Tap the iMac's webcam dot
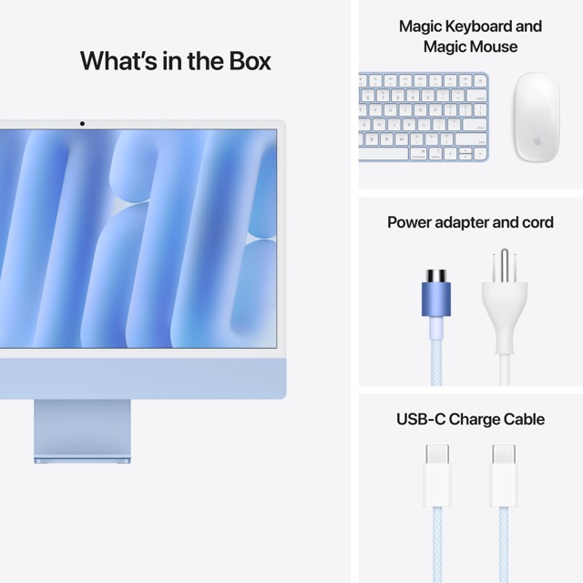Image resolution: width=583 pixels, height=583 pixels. pos(82,123)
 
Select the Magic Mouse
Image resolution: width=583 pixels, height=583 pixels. pos(536,117)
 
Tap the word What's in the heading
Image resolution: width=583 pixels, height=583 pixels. pos(119,61)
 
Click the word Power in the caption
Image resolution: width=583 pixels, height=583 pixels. pos(409,222)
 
